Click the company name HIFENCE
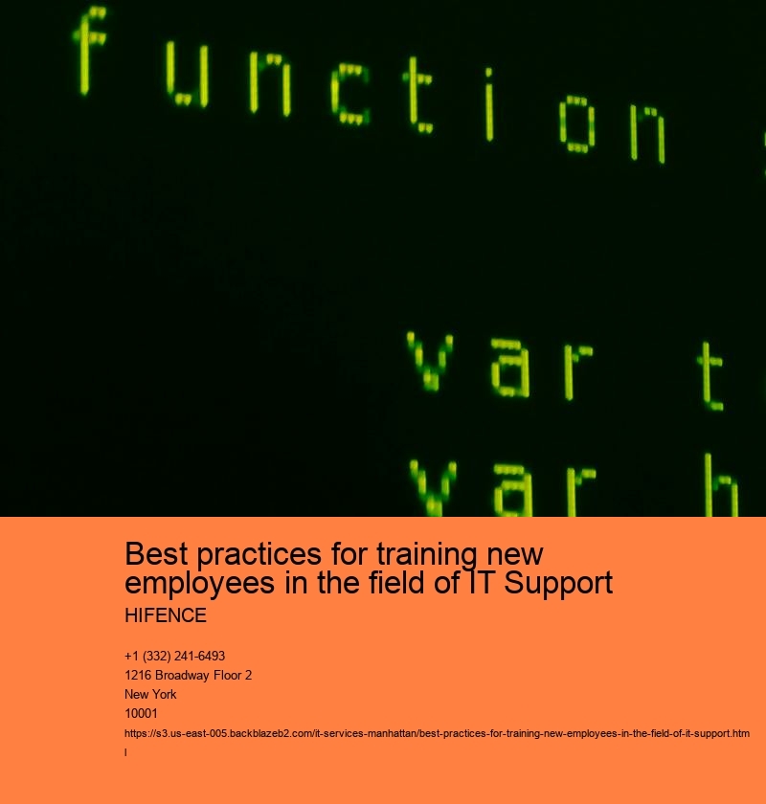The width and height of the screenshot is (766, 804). click(166, 614)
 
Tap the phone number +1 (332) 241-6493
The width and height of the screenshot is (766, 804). click(174, 656)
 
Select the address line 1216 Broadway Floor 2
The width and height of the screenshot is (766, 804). click(188, 675)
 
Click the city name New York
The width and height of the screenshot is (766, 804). click(150, 694)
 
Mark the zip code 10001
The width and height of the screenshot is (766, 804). click(141, 713)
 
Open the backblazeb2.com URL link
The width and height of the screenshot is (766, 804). click(437, 733)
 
